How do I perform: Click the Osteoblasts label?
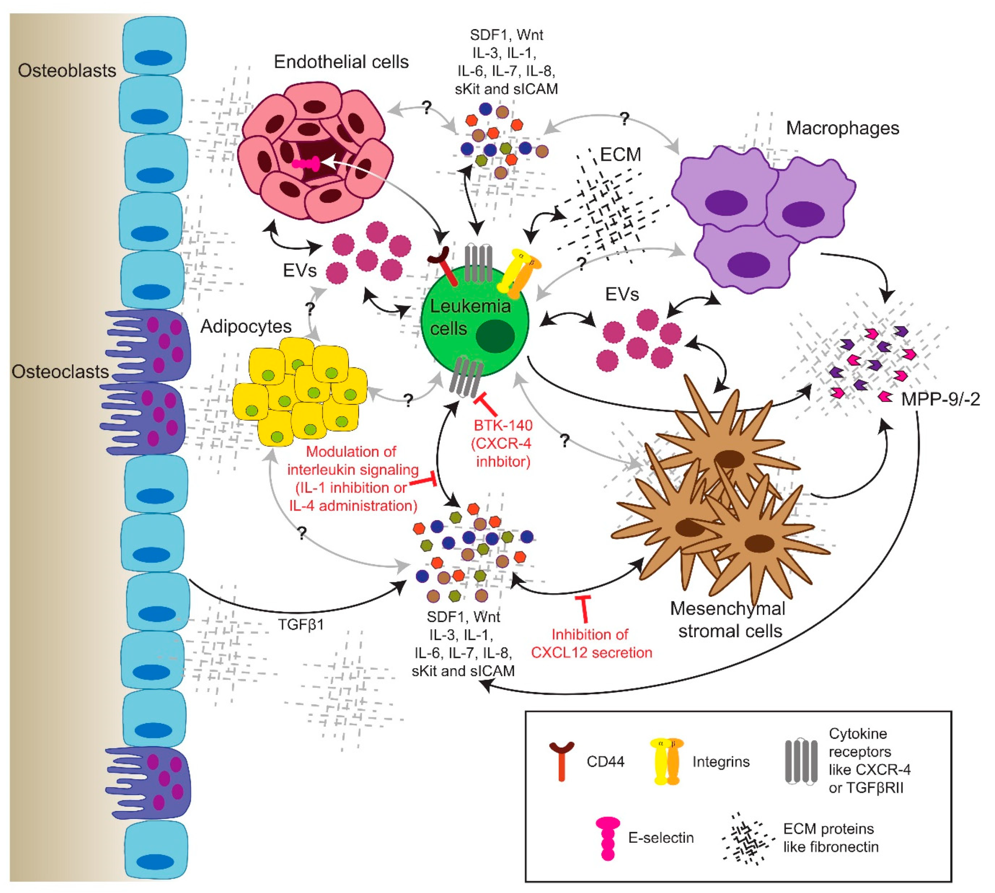coord(67,71)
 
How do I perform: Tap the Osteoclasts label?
coord(60,371)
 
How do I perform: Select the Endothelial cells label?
coord(341,62)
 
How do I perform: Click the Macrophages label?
coord(842,128)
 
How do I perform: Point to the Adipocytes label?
coord(246,326)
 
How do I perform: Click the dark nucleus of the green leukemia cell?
coord(495,335)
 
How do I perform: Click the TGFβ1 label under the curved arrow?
coord(301,625)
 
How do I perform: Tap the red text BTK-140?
coord(503,425)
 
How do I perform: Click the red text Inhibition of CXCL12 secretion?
coord(591,643)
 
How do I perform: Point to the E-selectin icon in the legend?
coord(608,838)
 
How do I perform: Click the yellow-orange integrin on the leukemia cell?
coord(519,275)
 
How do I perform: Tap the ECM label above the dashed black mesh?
coord(620,154)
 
